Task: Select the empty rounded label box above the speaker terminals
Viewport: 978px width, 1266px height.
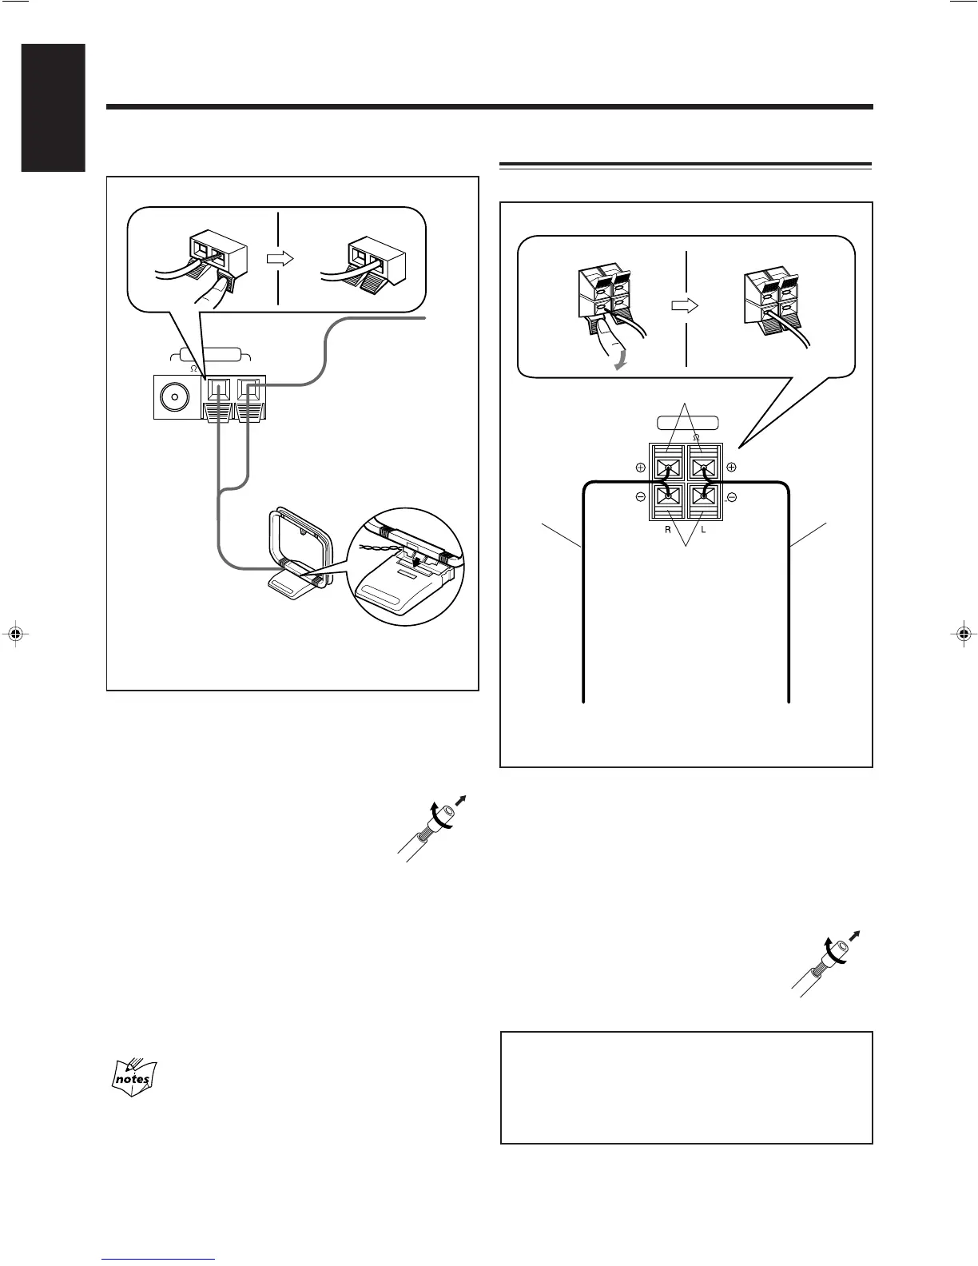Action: pos(686,424)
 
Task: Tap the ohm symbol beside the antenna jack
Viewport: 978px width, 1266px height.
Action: pos(193,368)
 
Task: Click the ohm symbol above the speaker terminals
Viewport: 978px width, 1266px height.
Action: pos(697,437)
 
